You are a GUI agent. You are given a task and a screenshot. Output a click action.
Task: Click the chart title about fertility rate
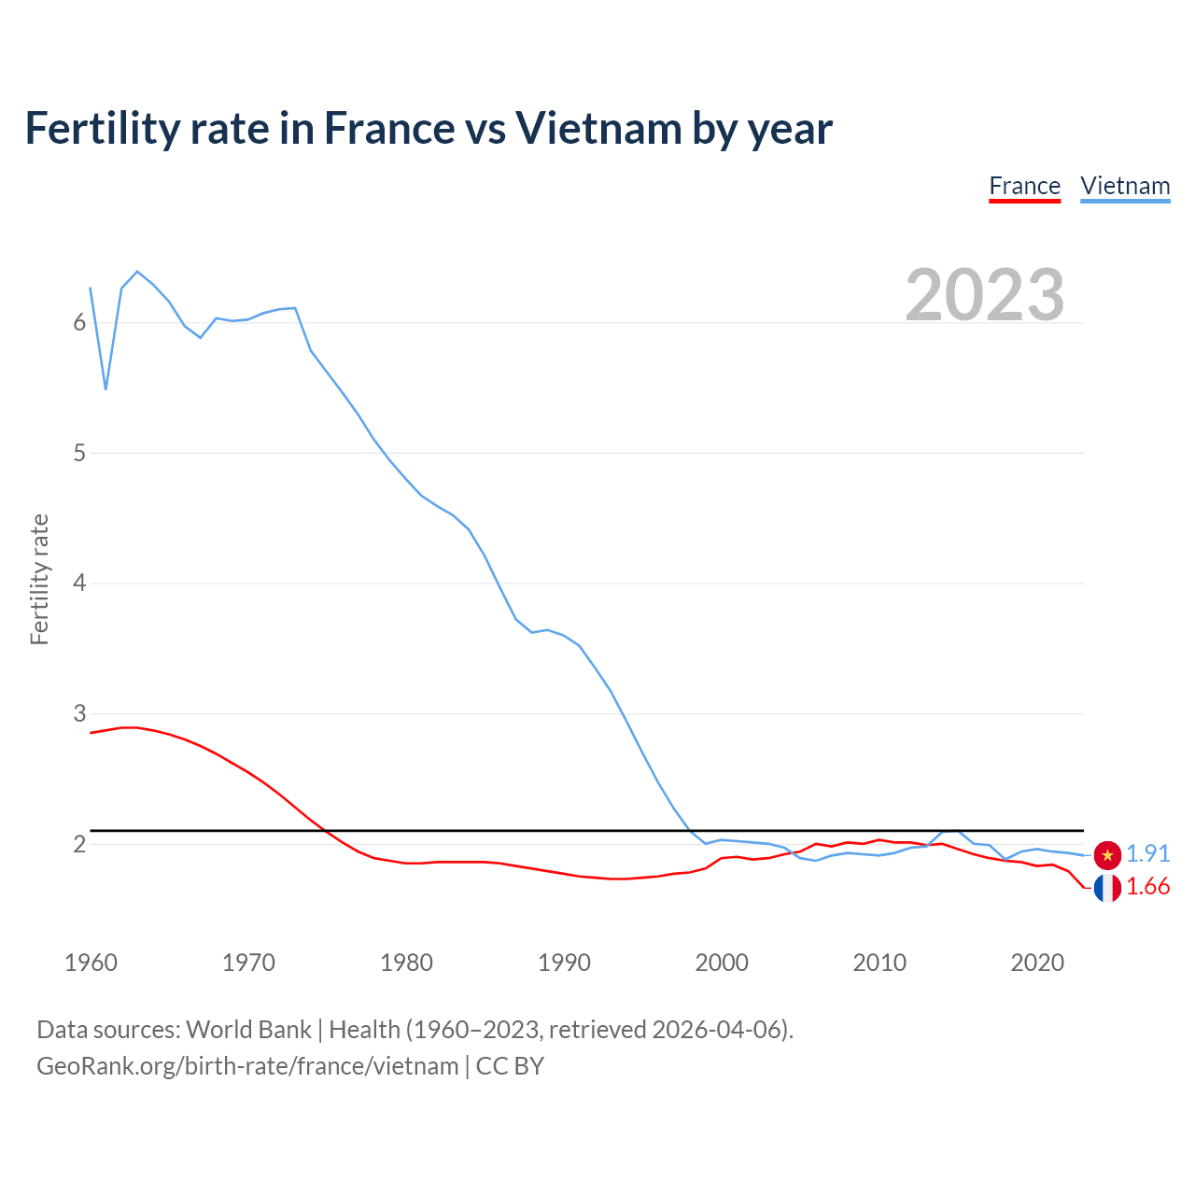click(x=429, y=129)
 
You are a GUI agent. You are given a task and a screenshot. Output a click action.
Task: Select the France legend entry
click(x=1024, y=186)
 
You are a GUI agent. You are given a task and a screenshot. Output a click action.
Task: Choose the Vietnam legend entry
click(x=1125, y=186)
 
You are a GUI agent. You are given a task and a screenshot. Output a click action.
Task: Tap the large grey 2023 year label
click(x=984, y=295)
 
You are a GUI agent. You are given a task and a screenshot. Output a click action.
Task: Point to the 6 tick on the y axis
click(x=79, y=323)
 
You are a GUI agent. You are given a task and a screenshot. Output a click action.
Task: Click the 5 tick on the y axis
click(x=79, y=454)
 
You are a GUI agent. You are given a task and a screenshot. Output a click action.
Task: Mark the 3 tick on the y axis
click(x=79, y=714)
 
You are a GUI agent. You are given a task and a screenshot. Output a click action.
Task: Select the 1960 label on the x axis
click(x=91, y=963)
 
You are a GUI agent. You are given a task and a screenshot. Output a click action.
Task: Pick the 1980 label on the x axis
click(x=406, y=963)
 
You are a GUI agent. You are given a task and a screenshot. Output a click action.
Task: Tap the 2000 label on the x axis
click(x=722, y=963)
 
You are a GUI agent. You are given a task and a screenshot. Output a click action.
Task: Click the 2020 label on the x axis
click(x=1037, y=963)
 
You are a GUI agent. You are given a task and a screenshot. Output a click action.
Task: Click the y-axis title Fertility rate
click(x=39, y=579)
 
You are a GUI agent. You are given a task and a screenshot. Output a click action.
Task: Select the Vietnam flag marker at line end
click(x=1107, y=854)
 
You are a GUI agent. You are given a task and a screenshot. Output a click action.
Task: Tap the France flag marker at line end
click(x=1107, y=888)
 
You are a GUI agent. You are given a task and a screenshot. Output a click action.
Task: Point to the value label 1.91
click(x=1147, y=854)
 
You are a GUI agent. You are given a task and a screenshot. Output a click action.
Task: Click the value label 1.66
click(x=1147, y=887)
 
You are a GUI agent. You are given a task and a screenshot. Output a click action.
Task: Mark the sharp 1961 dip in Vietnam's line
click(x=105, y=388)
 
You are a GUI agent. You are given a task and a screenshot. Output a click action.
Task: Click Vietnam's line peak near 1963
click(x=137, y=272)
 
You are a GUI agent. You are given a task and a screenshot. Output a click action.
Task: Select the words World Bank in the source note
click(x=248, y=1030)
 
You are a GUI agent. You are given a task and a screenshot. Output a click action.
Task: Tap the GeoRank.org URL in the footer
click(x=247, y=1066)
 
